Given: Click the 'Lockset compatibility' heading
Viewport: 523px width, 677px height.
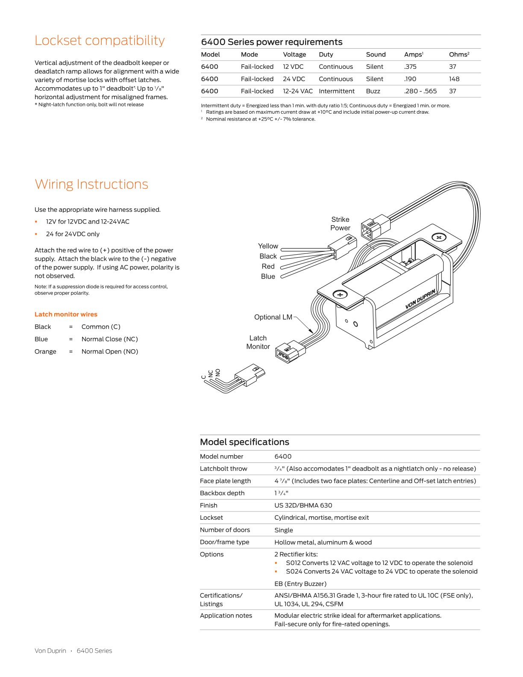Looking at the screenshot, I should [99, 40].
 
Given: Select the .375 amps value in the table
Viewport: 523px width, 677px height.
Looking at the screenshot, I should [410, 67].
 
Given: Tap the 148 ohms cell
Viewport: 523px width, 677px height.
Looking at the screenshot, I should [454, 79].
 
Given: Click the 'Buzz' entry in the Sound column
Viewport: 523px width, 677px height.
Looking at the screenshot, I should [373, 91].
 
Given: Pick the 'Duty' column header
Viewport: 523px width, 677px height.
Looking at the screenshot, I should [326, 54].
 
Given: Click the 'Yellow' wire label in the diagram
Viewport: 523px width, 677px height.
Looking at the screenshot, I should [268, 246].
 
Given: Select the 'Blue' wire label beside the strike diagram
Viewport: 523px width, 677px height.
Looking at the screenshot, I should [268, 277].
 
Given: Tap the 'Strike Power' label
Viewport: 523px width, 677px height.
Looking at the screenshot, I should [340, 224].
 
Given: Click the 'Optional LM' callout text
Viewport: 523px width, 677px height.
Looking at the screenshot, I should [273, 317].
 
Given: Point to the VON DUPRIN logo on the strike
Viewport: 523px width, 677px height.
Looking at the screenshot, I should [420, 299].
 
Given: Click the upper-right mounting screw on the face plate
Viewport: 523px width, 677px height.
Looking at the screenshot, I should [439, 237].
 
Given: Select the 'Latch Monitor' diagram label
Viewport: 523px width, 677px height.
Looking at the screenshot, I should [258, 342].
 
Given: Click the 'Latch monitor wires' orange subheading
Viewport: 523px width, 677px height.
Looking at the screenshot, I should [66, 314].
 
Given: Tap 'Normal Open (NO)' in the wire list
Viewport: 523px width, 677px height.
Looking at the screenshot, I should [110, 351].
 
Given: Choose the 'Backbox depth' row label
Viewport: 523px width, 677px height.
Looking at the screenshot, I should [222, 493].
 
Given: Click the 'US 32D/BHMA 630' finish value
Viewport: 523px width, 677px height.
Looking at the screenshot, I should [303, 505].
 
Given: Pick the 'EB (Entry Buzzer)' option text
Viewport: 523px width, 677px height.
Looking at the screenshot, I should [300, 584].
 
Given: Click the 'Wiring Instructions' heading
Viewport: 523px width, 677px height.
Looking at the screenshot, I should [91, 184].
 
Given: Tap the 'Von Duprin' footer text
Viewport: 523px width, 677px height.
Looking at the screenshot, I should [50, 651].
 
